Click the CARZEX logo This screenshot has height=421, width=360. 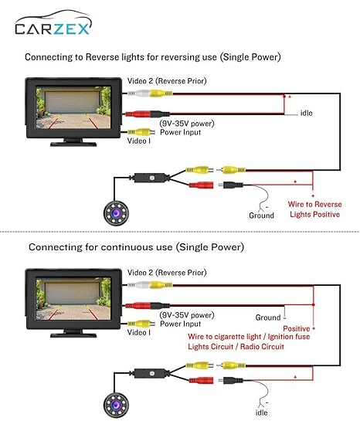click(x=53, y=23)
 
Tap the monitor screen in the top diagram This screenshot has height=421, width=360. click(x=73, y=107)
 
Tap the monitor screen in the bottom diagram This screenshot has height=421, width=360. click(x=73, y=299)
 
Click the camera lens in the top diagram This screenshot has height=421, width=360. click(x=116, y=213)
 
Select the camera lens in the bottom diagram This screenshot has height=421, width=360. click(x=116, y=405)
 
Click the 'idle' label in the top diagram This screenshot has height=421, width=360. click(x=306, y=113)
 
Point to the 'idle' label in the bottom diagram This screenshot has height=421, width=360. click(x=261, y=413)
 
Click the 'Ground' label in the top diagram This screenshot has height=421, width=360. click(x=261, y=216)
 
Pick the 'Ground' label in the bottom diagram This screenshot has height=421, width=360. click(x=268, y=317)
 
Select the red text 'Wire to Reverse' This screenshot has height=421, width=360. click(x=315, y=205)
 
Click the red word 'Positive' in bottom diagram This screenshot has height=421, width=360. click(x=297, y=328)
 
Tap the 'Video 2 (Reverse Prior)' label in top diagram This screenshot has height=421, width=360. click(x=167, y=81)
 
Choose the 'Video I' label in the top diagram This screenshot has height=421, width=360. click(x=139, y=141)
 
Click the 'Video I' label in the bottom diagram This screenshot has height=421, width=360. click(x=139, y=332)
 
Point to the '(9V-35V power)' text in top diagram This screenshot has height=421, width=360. click(x=187, y=124)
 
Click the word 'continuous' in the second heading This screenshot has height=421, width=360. click(x=137, y=247)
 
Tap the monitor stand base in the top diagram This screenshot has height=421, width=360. click(x=73, y=144)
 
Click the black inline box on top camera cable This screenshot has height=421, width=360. click(x=150, y=178)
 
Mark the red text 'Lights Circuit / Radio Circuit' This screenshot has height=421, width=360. click(x=236, y=347)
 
